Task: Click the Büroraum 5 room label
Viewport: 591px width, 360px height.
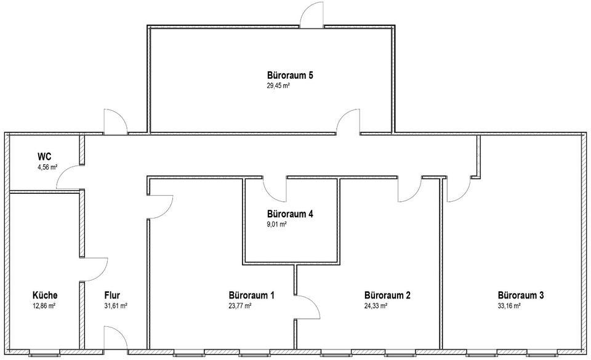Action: point(290,76)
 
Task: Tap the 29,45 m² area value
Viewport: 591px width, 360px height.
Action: point(278,87)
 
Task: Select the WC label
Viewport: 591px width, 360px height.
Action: point(44,156)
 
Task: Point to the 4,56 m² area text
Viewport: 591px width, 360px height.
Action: point(47,167)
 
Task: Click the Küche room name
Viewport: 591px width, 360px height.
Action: point(45,295)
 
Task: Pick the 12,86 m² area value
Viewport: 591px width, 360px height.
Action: point(44,305)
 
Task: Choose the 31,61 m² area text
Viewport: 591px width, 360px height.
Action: point(116,305)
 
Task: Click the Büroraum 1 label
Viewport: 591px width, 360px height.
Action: point(251,295)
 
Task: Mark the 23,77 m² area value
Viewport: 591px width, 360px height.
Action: point(239,305)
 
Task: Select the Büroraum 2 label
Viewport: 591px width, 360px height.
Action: point(387,295)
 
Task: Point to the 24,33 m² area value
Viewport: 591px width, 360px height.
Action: point(376,305)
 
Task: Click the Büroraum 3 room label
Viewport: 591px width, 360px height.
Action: point(521,295)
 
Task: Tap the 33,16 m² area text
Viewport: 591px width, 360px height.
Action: point(509,305)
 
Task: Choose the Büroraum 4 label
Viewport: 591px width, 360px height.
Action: point(290,214)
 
